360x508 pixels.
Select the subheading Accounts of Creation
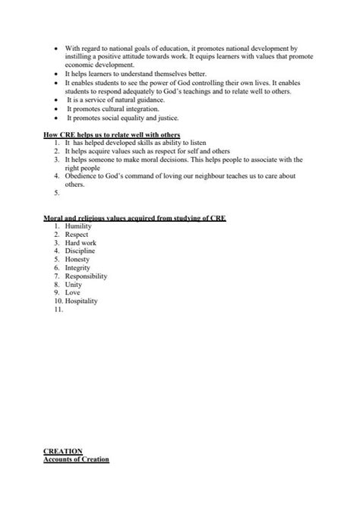point(77,459)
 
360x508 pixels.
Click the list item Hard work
point(81,242)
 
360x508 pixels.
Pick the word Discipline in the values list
point(81,251)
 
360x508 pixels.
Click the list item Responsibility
point(86,276)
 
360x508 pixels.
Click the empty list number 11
point(59,309)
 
